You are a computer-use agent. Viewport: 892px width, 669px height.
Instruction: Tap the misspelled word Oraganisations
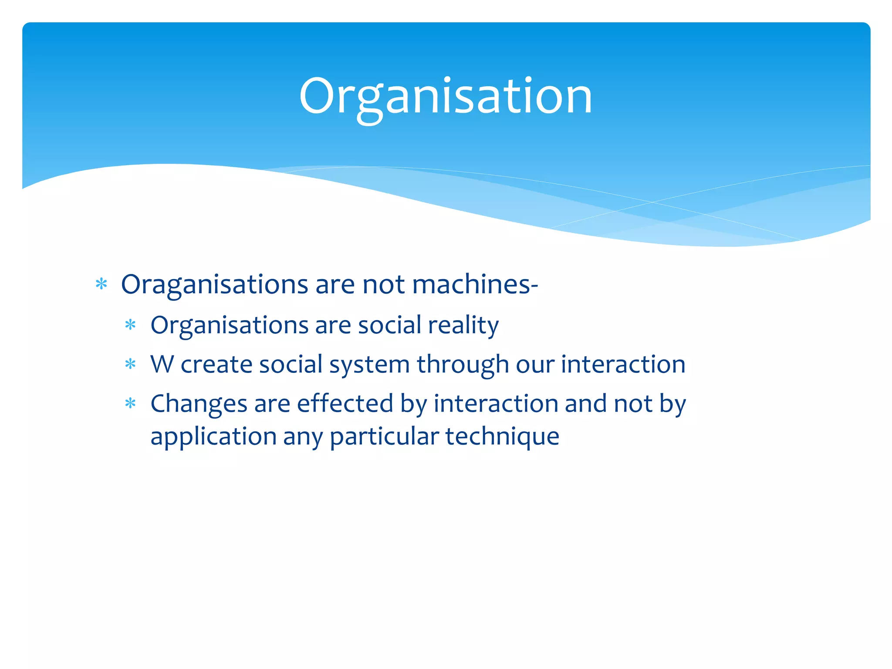214,284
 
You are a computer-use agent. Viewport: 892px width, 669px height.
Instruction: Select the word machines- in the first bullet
475,284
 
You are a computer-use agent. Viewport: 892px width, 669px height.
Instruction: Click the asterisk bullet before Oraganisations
101,285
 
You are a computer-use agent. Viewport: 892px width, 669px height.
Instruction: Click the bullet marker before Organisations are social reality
130,325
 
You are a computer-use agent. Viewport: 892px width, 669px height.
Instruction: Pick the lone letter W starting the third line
162,364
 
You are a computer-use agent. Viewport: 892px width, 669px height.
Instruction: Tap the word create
216,364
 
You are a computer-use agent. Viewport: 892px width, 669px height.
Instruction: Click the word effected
345,403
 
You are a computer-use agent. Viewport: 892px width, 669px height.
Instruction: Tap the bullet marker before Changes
130,404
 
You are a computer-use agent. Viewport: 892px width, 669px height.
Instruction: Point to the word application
213,437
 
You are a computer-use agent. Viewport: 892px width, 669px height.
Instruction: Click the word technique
502,437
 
